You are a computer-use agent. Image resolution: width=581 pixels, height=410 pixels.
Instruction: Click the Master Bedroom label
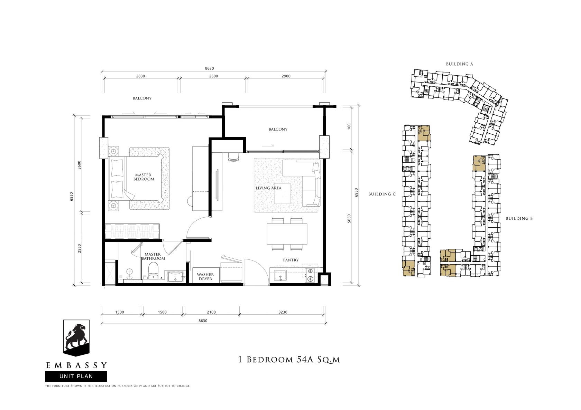point(144,177)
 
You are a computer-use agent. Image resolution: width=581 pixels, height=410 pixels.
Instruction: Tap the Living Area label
point(268,188)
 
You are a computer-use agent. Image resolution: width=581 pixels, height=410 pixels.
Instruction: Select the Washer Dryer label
point(205,277)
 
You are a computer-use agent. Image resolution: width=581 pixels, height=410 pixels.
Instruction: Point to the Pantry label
point(291,260)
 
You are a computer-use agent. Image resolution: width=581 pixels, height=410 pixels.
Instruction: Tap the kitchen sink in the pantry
point(280,275)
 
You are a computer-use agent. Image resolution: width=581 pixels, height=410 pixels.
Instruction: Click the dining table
point(287,234)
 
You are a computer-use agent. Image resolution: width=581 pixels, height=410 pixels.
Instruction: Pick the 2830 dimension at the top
point(140,76)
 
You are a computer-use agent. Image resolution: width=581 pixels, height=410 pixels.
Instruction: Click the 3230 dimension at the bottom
point(283,312)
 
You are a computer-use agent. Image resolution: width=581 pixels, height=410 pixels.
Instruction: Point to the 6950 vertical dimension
point(356,192)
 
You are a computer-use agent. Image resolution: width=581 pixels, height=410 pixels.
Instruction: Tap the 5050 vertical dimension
point(349,219)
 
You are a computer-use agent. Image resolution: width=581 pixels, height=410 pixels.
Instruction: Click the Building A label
point(459,64)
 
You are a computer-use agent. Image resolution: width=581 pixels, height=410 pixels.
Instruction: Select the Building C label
point(382,194)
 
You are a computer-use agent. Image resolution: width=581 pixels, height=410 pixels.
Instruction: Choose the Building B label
point(519,218)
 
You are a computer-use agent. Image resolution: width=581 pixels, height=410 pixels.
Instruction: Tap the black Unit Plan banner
point(76,376)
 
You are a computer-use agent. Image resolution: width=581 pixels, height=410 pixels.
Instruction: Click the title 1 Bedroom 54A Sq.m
point(289,360)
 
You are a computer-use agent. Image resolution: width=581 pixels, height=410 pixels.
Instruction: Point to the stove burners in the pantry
point(310,275)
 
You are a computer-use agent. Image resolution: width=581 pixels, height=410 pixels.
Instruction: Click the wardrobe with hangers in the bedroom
point(132,231)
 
